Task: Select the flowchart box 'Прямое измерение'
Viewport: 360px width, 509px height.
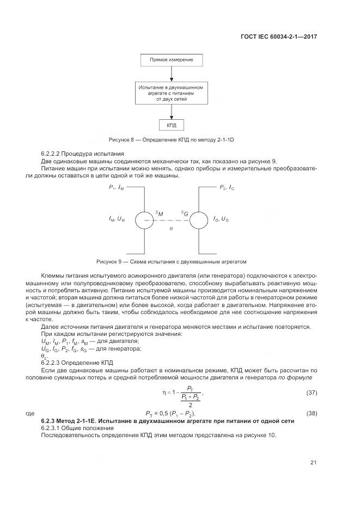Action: [x=171, y=59]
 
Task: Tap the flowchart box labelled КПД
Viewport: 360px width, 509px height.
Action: [x=171, y=125]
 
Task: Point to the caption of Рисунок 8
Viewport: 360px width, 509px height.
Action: [x=171, y=140]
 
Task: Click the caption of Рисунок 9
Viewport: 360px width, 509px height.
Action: [x=171, y=261]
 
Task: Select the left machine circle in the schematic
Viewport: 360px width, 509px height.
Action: [x=144, y=219]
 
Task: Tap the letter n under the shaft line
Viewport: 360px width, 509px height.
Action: [x=171, y=229]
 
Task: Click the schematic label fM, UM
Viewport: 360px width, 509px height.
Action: [x=117, y=219]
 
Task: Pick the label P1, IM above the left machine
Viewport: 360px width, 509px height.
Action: [x=116, y=187]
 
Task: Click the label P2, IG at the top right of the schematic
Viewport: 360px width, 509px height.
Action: [x=227, y=187]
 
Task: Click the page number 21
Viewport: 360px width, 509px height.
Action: [x=314, y=463]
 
